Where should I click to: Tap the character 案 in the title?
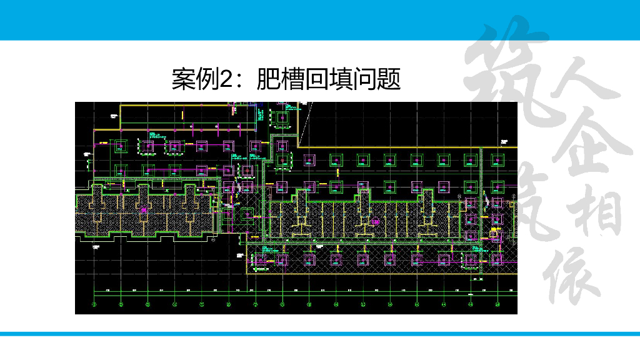click(183, 79)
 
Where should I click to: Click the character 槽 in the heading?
click(292, 79)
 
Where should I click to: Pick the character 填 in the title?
click(341, 79)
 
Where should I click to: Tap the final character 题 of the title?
click(389, 79)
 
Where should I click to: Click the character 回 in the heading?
click(316, 79)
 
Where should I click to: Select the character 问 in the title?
click(365, 79)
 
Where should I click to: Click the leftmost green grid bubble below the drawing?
click(94, 305)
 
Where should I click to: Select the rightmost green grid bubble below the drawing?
click(497, 305)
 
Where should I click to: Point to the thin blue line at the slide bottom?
click(320, 334)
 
